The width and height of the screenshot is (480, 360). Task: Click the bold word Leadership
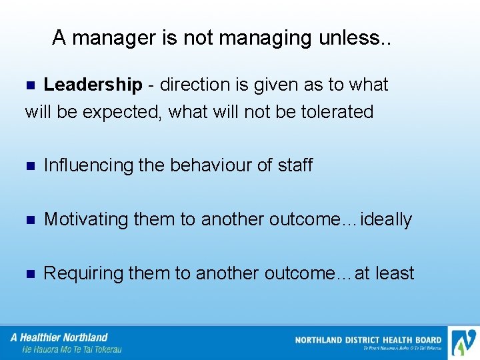(x=93, y=85)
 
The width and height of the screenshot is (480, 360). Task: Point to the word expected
(x=122, y=112)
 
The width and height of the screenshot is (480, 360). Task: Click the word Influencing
(x=88, y=165)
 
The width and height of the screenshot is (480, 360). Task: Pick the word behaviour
(x=207, y=165)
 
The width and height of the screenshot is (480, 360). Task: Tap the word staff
(x=293, y=165)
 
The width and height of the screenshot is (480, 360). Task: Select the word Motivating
(x=86, y=219)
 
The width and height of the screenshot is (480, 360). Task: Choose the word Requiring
(x=83, y=273)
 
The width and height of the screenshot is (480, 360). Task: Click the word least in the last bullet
(x=395, y=273)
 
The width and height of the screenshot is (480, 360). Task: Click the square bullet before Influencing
(x=29, y=166)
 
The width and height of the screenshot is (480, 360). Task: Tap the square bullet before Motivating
(x=29, y=220)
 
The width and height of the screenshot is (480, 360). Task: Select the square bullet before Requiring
(x=29, y=274)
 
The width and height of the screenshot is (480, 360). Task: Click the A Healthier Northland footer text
(x=59, y=337)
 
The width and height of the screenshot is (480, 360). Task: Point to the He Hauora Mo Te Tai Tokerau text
(x=72, y=349)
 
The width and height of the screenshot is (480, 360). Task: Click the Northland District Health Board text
(x=368, y=340)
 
